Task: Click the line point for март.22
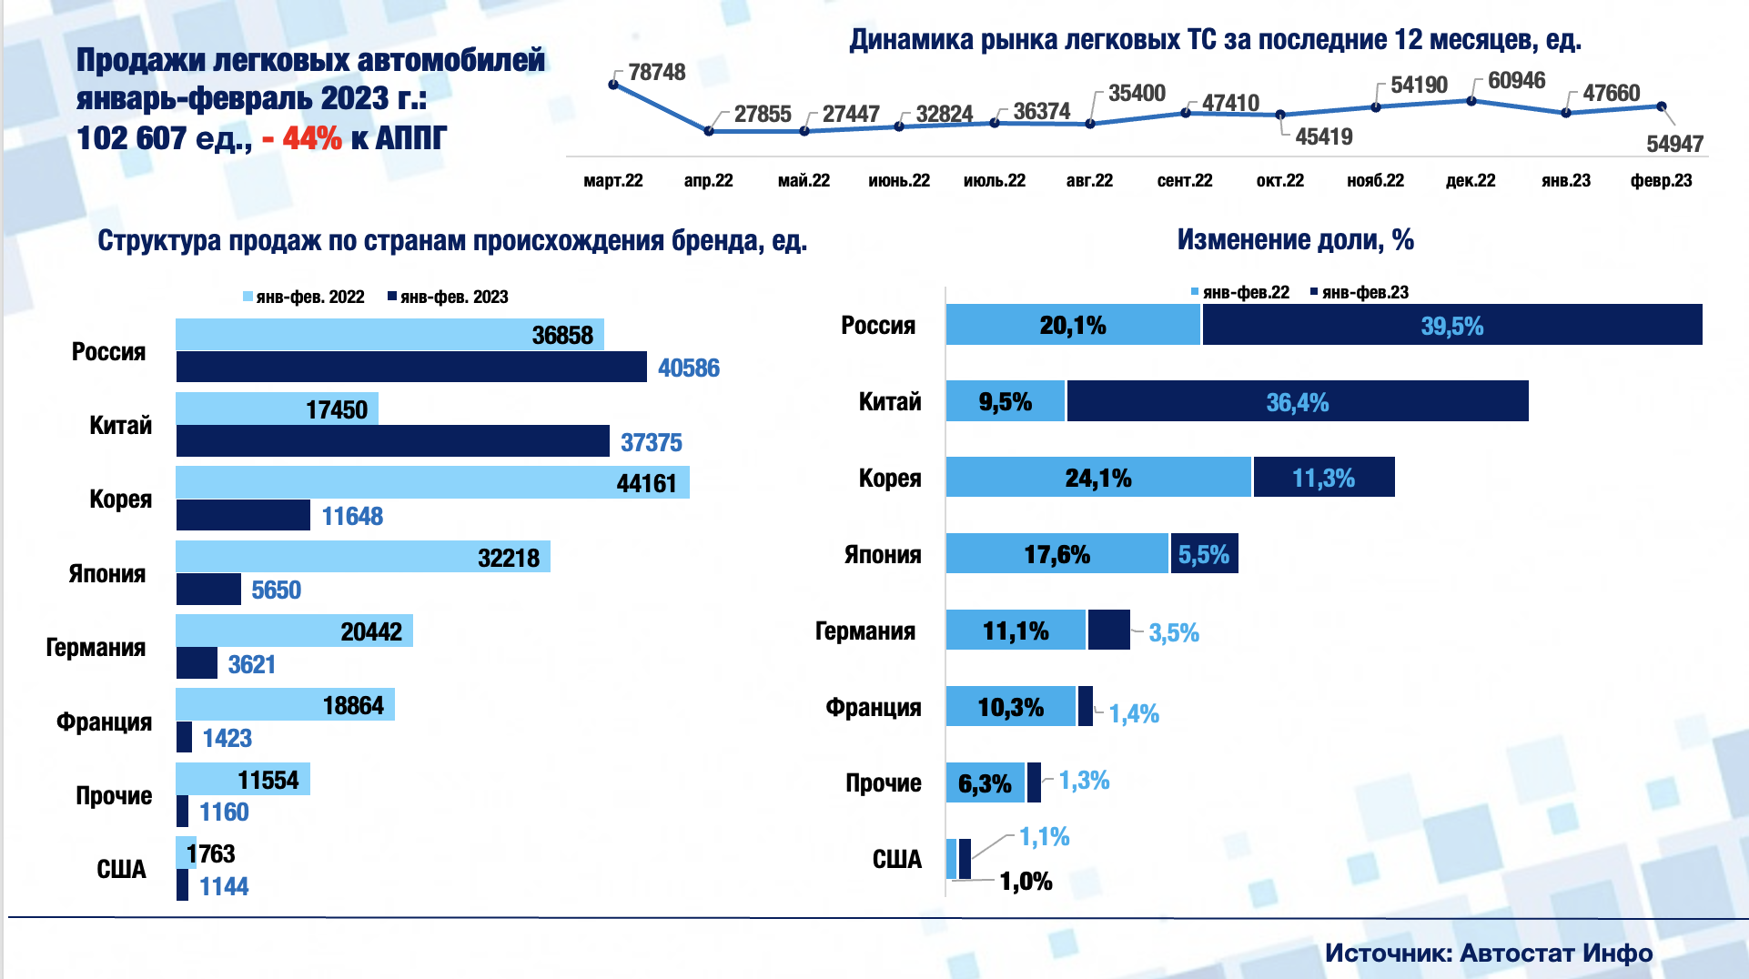point(613,85)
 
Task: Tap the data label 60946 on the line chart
point(1516,80)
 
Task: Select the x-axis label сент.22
point(1185,180)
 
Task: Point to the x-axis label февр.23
point(1661,180)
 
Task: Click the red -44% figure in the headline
point(302,138)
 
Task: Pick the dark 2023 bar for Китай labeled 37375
point(392,441)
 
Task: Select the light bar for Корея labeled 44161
point(432,482)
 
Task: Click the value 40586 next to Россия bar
point(688,368)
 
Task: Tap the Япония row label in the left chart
point(107,573)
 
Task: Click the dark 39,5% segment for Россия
point(1451,326)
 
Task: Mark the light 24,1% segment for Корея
point(1098,478)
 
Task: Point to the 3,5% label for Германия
point(1173,632)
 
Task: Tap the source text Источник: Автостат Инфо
point(1488,953)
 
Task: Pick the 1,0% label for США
point(1026,881)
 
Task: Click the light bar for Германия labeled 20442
point(294,631)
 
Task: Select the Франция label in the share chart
point(873,707)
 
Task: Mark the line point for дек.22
point(1471,101)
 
